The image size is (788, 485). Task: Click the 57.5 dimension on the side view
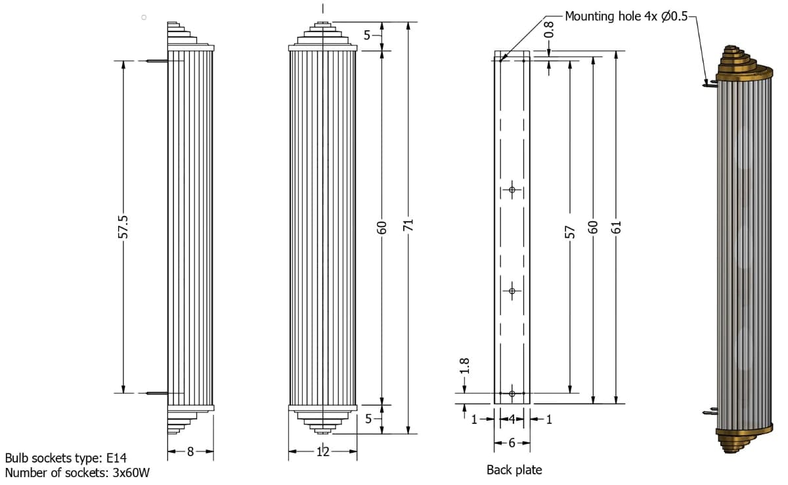coord(123,227)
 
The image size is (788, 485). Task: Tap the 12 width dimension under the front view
coord(322,452)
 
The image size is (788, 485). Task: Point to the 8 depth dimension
coord(190,452)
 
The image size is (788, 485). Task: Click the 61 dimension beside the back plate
coord(615,227)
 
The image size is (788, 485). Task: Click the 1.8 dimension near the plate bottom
coord(465,366)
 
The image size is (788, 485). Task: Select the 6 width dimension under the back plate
coord(512,443)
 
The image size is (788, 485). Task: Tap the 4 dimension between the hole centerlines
coord(512,419)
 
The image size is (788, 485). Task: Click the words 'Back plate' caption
coord(514,470)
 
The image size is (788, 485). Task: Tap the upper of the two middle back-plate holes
coord(512,190)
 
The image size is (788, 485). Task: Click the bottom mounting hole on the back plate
coord(512,394)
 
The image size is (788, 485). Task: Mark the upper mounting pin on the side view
coord(156,62)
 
